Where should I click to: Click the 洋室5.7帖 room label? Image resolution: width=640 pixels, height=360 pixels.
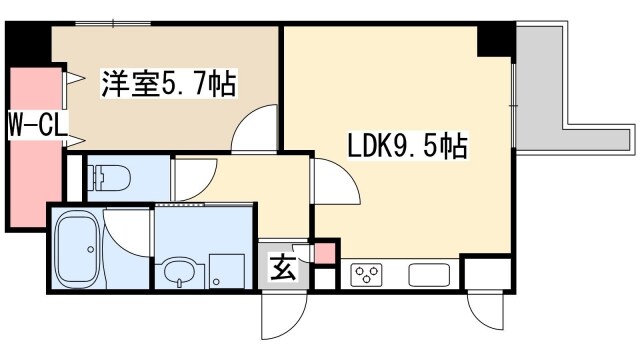[x=168, y=84]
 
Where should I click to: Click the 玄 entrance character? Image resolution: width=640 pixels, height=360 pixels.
[x=282, y=268]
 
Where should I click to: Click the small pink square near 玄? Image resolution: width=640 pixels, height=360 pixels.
[x=324, y=251]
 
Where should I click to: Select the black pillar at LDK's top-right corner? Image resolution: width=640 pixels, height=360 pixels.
[x=495, y=38]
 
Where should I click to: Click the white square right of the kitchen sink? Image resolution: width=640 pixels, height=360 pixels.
[x=485, y=272]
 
